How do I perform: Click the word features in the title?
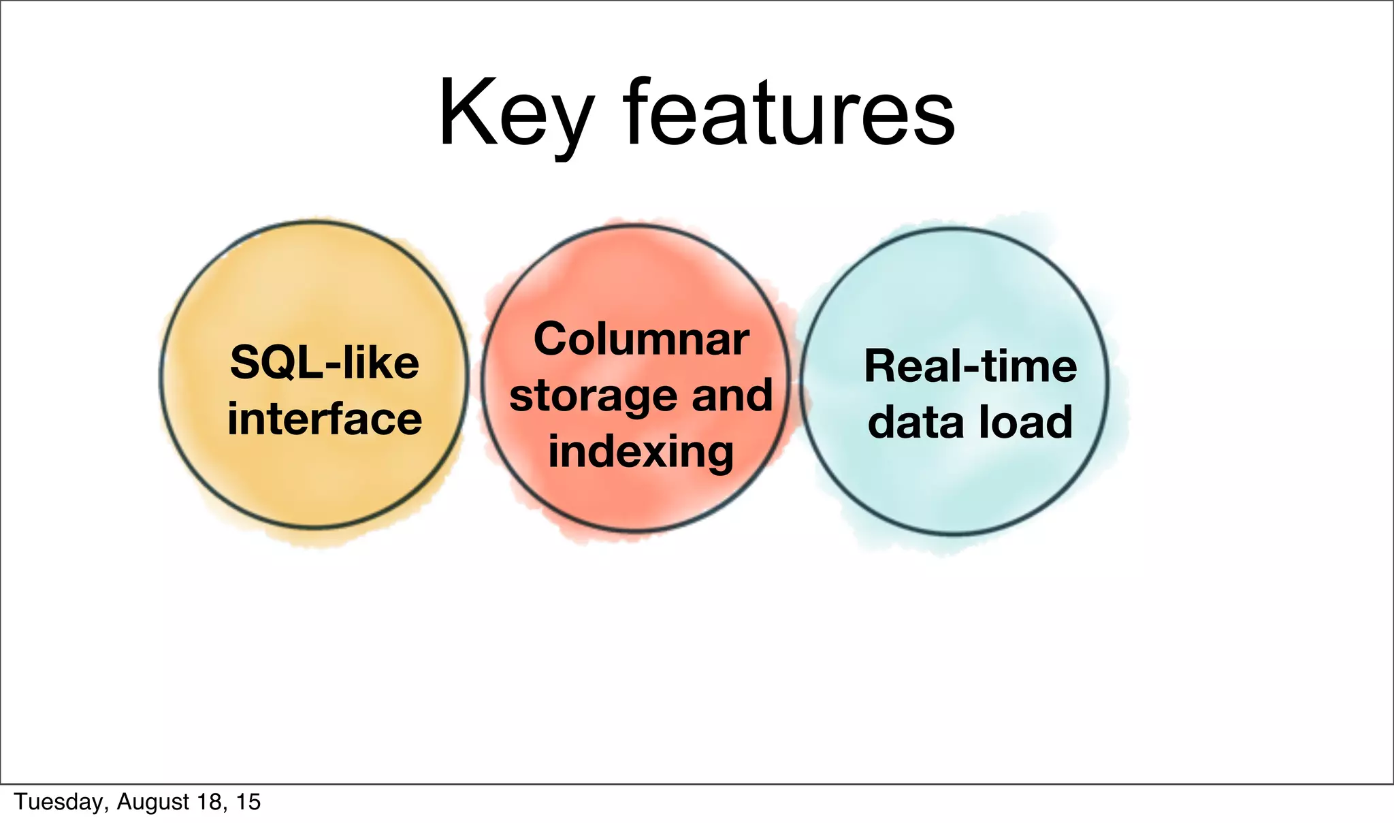[790, 112]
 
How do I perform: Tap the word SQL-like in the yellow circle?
[325, 363]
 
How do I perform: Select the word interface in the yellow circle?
[325, 419]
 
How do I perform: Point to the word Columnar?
[641, 339]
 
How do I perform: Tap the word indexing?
[641, 453]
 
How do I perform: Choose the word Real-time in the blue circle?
[971, 366]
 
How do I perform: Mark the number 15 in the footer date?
[248, 802]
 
